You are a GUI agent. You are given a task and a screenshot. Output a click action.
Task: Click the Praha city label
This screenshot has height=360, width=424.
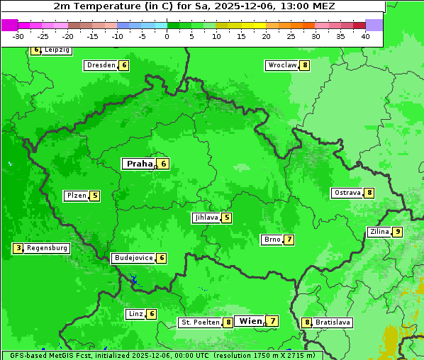139,164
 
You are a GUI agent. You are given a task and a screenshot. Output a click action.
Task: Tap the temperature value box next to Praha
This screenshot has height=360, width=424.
163,164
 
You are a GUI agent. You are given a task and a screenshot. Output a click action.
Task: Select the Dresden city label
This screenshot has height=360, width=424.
101,65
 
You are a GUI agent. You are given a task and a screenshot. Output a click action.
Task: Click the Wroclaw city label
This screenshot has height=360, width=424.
281,65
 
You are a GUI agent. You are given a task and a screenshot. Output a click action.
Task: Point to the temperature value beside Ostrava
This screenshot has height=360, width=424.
369,193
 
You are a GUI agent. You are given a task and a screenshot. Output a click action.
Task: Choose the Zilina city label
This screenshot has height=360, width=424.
379,232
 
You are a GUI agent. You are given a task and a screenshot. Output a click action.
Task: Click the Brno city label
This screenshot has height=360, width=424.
272,240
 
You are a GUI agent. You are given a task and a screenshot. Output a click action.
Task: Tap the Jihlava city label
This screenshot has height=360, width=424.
206,218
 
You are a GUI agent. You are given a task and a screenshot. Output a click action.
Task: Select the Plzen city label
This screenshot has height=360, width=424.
77,196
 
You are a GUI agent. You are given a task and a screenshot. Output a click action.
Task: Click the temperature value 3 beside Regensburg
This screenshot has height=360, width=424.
18,248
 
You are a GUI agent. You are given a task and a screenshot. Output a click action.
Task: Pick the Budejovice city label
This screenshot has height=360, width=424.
133,258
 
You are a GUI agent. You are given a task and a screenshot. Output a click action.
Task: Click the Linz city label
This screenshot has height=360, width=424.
135,314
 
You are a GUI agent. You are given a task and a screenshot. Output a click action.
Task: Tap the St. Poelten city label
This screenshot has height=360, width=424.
199,322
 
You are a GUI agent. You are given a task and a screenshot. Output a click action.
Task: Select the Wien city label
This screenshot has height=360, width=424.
250,321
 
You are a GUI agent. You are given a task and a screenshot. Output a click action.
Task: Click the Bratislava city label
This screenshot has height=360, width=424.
333,322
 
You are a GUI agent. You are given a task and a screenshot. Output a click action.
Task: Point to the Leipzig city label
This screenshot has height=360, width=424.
57,50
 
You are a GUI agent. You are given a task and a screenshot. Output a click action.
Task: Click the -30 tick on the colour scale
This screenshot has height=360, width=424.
18,36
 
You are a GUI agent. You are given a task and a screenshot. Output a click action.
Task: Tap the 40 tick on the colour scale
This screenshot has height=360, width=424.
365,36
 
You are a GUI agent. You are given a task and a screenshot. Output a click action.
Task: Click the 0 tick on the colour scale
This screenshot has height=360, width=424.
167,36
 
